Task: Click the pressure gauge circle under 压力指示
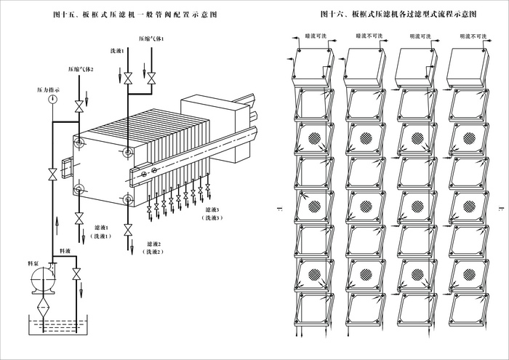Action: [x=55, y=100]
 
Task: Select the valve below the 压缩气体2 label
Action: [x=79, y=107]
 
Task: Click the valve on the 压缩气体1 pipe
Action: [x=151, y=78]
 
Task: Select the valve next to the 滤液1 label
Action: [x=79, y=217]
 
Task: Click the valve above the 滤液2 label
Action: [x=129, y=230]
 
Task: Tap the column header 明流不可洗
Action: [x=469, y=34]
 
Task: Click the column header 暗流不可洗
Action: [x=368, y=34]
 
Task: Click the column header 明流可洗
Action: [x=419, y=34]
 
